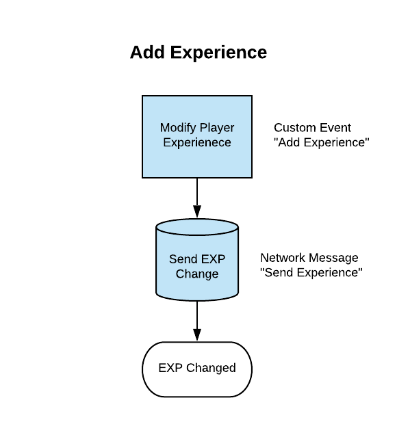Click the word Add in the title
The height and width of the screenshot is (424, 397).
pos(147,52)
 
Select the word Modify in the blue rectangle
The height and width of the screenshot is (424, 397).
pos(178,128)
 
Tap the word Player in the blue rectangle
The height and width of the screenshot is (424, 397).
pos(217,128)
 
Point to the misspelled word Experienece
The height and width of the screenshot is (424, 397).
pos(197,143)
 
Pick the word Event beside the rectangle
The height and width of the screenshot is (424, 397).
pos(333,128)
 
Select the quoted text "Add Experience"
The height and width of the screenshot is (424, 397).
pos(322,143)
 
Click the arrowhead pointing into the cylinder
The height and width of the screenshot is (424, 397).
pos(197,211)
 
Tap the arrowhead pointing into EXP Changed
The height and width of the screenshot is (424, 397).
pos(197,335)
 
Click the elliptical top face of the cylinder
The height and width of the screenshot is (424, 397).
pos(197,227)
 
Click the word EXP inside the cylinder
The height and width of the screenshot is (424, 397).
pos(213,259)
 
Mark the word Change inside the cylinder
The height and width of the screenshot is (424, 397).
pos(197,274)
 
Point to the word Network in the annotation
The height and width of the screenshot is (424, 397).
pos(282,258)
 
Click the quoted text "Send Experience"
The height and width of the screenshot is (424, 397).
pos(311,273)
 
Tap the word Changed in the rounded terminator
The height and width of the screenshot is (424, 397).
pos(211,369)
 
